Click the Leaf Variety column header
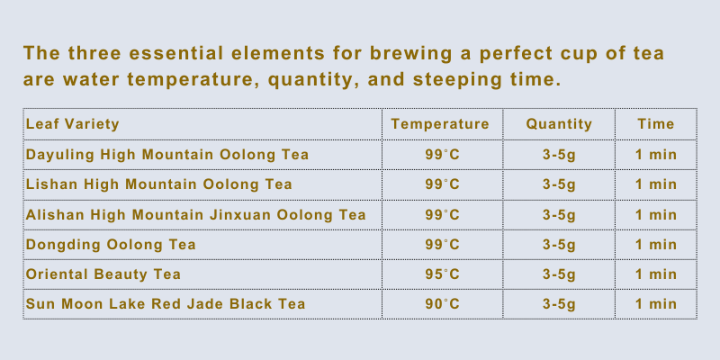[73, 124]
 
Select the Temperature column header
[440, 124]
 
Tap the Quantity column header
[559, 124]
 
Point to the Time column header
[656, 124]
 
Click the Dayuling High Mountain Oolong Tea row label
[167, 155]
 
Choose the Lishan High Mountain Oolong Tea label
[159, 184]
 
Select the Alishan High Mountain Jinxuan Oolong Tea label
[196, 214]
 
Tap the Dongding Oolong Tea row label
[111, 244]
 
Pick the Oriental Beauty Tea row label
[103, 274]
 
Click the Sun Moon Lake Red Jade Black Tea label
[166, 304]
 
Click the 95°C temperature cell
[442, 274]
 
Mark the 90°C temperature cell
[442, 304]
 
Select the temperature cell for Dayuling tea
[442, 155]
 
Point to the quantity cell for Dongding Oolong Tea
[559, 245]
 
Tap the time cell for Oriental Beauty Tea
[656, 274]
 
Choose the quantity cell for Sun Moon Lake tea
[559, 304]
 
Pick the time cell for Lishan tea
[656, 184]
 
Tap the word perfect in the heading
[516, 54]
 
